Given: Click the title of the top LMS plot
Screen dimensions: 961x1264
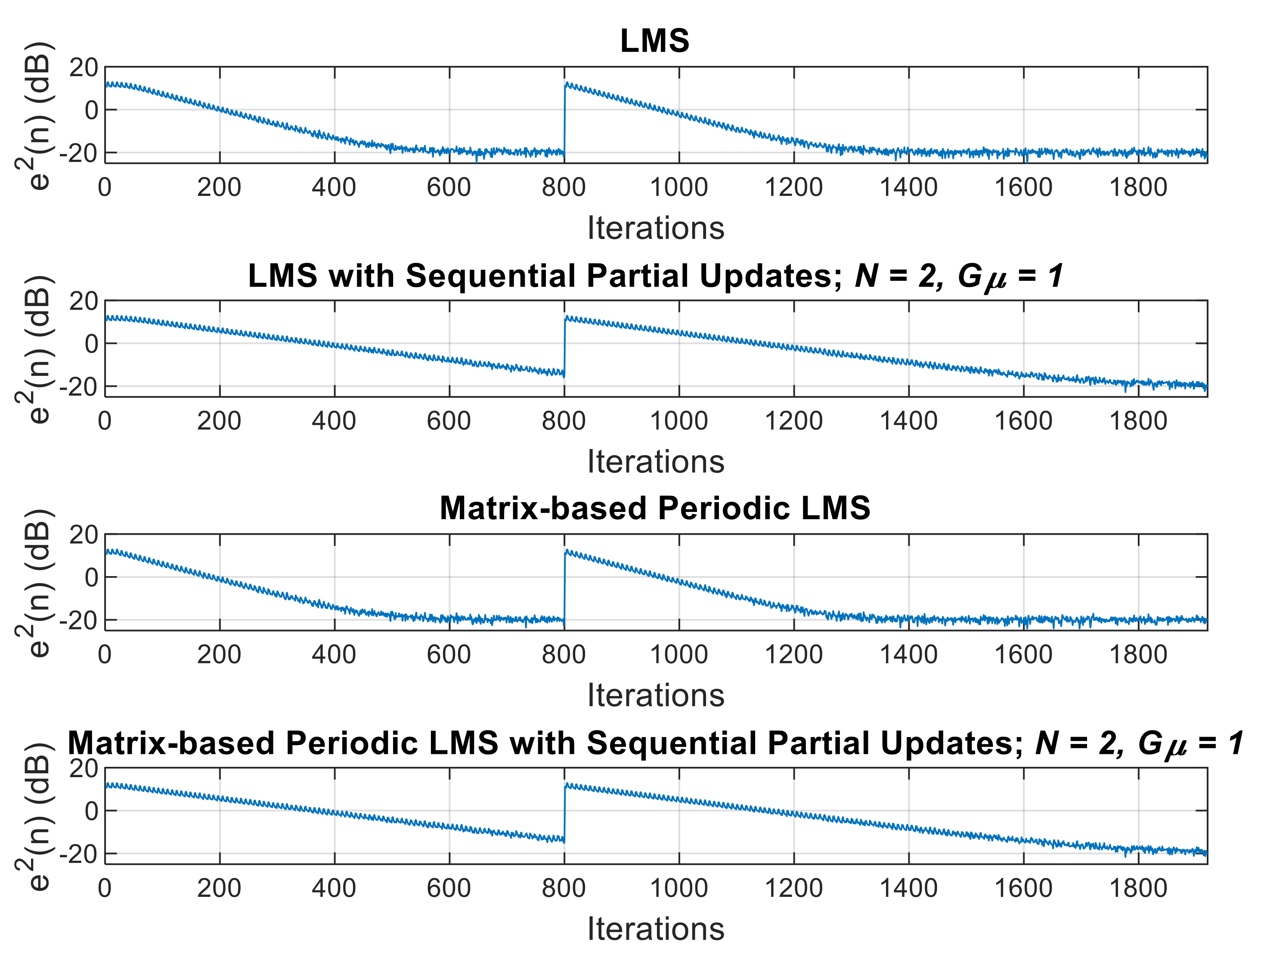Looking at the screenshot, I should click(x=655, y=41).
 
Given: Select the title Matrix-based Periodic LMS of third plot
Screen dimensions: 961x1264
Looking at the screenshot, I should click(x=655, y=508).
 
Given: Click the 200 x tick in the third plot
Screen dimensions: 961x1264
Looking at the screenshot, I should click(x=219, y=654).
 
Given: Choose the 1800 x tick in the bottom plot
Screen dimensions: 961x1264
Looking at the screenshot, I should click(x=1138, y=888).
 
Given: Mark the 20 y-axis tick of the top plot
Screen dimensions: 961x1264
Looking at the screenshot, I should click(x=84, y=68).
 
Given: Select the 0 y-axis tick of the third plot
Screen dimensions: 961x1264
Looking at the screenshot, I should click(x=92, y=578).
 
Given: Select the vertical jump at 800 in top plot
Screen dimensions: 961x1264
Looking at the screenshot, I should click(x=564, y=120).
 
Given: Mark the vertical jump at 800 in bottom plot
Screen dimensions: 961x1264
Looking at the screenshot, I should click(x=564, y=812).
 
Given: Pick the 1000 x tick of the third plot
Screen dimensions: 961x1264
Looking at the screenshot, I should click(x=679, y=654).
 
